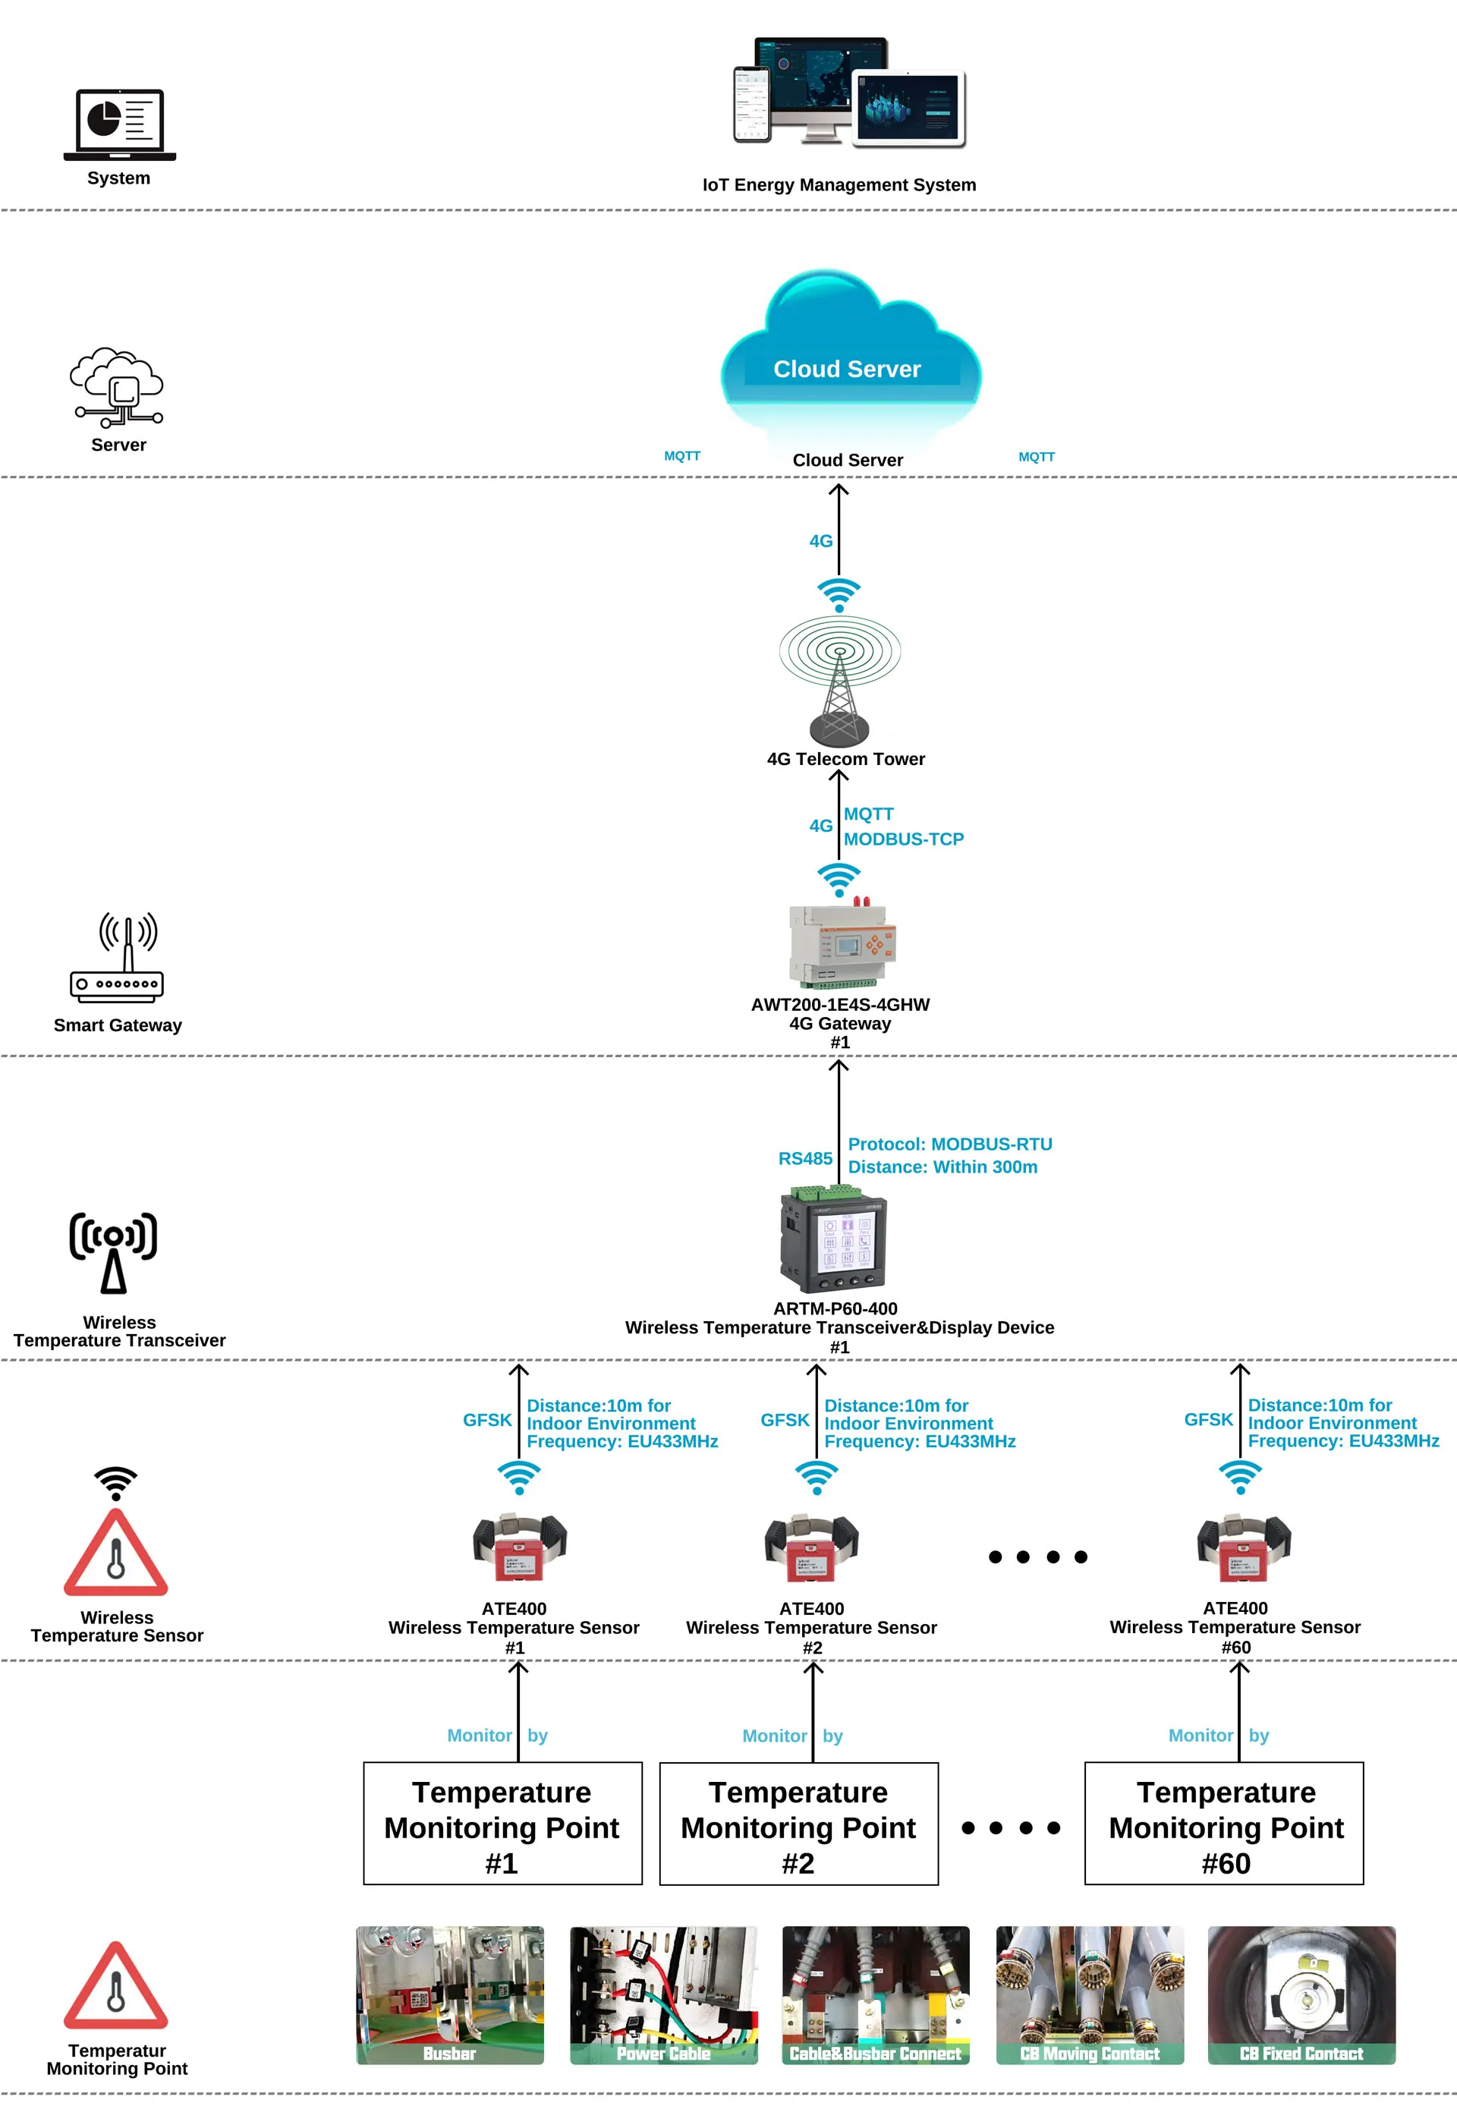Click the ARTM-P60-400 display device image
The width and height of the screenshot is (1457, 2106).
[x=832, y=1242]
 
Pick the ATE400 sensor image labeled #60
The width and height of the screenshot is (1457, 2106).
[x=1243, y=1547]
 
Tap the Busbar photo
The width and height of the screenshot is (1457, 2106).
[x=449, y=1994]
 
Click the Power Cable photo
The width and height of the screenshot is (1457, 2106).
[x=664, y=1994]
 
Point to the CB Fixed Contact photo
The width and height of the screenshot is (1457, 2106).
[x=1301, y=1994]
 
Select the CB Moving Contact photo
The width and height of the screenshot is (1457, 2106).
[x=1089, y=1994]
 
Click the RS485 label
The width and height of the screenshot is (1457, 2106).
[x=804, y=1158]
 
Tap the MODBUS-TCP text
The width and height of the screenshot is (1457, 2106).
[x=903, y=839]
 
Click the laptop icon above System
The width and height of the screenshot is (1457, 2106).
[x=120, y=124]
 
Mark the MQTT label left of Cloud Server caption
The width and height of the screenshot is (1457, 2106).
[x=682, y=456]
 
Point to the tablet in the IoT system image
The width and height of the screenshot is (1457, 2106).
[x=909, y=107]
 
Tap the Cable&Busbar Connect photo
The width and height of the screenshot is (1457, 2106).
[x=876, y=1994]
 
